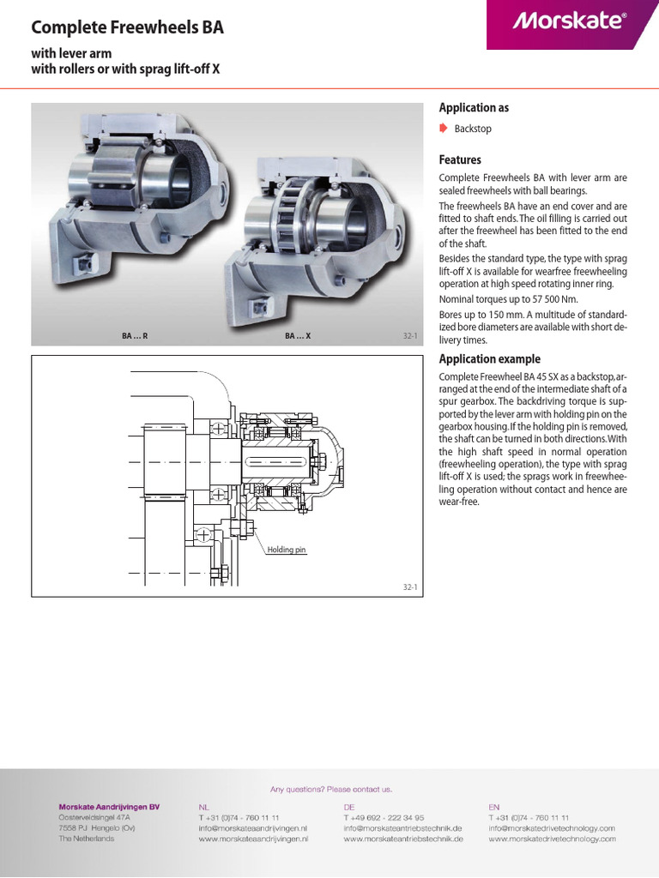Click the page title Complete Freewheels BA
coord(127,27)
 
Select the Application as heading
coord(474,108)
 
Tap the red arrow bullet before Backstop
coord(443,129)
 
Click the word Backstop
coord(473,129)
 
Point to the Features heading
coord(460,160)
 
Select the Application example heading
coord(489,359)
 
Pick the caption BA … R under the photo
coord(135,337)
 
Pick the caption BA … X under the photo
coord(297,337)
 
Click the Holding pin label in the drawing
coord(286,550)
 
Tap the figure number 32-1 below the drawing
coord(409,586)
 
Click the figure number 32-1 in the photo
coord(409,337)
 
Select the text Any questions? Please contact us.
coord(330,789)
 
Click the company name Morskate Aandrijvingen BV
coord(108,807)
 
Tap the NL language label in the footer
coord(203,807)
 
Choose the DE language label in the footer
coord(349,807)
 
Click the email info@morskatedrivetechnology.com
coord(552,828)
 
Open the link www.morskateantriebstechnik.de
coord(403,839)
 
